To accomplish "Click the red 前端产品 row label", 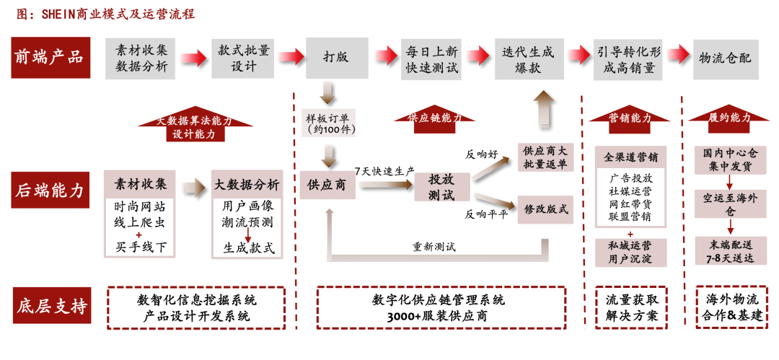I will coord(49,56).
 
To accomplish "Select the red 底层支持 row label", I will coord(49,307).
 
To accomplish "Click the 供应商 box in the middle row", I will coord(327,185).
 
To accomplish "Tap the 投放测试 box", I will coord(441,186).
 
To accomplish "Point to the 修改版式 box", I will coord(546,210).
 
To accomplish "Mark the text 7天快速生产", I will coord(384,171).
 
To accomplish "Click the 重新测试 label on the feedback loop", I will coord(433,247).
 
